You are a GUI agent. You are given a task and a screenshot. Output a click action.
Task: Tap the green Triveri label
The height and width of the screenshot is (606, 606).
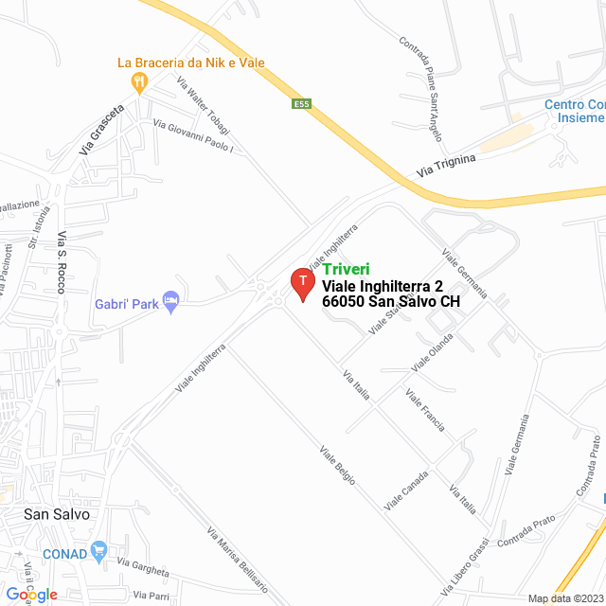[x=346, y=269]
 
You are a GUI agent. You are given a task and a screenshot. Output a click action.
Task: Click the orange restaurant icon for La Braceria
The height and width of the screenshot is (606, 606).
[x=141, y=82]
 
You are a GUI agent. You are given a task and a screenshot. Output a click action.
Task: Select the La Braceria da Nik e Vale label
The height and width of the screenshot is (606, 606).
[x=190, y=62]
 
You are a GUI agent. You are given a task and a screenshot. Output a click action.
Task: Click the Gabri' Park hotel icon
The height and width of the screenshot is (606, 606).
[x=171, y=302]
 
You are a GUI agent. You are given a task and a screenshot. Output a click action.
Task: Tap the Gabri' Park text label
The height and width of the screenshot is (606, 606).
[x=126, y=305]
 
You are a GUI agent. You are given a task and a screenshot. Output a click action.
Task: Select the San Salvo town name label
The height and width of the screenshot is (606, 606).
[x=57, y=514]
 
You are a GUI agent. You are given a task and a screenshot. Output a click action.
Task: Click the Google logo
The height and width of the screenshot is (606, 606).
[x=31, y=594]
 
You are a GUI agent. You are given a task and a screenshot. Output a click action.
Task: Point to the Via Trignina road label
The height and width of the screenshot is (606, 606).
[x=446, y=166]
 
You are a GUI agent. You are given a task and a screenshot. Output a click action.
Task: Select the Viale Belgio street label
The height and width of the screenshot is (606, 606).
[x=337, y=465]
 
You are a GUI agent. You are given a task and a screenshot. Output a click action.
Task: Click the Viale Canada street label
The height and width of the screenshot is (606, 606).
[x=406, y=491]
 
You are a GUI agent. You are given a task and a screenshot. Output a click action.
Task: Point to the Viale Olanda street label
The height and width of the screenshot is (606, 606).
[x=432, y=351]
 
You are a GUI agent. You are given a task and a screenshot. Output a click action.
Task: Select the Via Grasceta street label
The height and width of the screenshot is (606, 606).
[x=101, y=129]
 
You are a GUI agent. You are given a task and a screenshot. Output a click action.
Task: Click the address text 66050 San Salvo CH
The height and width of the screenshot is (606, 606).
[x=391, y=302]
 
